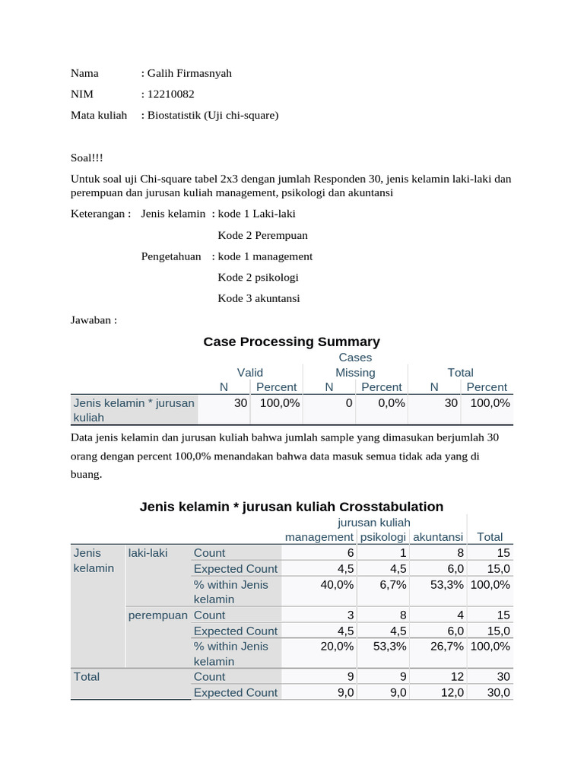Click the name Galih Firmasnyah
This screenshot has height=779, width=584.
(x=189, y=74)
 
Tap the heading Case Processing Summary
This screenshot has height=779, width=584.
(x=291, y=342)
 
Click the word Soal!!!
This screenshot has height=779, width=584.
(x=87, y=157)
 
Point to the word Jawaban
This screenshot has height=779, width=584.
(x=94, y=320)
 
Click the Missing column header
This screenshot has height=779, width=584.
(x=355, y=373)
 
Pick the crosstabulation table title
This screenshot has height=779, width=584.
(x=291, y=507)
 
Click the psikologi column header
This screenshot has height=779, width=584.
(x=383, y=537)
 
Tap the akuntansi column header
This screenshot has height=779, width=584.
(x=437, y=537)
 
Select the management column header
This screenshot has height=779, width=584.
(x=319, y=537)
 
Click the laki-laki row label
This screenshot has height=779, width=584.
(x=148, y=553)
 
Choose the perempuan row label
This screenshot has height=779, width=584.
(x=157, y=615)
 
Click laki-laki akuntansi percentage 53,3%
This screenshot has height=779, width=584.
(x=447, y=585)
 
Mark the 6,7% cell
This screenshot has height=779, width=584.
(x=393, y=585)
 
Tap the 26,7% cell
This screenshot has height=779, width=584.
(x=447, y=647)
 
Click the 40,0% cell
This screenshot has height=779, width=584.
(x=338, y=585)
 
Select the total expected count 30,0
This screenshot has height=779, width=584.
(x=497, y=693)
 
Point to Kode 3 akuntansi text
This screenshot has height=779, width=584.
(x=259, y=299)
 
